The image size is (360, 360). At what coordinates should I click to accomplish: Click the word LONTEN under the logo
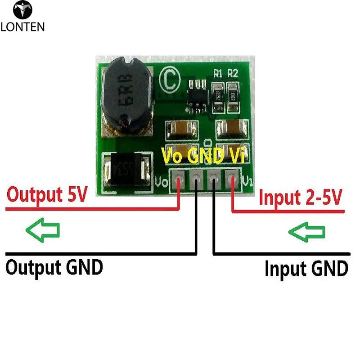click(22, 27)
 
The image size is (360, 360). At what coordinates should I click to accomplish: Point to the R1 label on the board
click(218, 74)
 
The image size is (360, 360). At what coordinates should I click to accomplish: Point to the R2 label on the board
click(233, 74)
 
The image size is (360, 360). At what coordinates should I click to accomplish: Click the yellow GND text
click(205, 157)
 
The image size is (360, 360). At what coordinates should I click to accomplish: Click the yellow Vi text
click(237, 157)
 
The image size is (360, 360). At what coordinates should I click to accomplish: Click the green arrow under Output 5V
click(43, 231)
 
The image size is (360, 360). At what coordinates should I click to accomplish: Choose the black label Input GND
click(306, 269)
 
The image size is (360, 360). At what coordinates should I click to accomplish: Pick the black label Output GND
click(54, 267)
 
